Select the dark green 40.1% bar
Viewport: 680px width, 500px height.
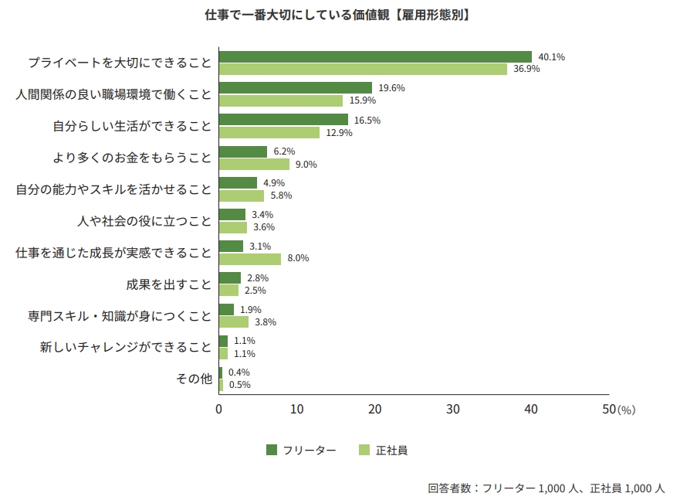(375, 56)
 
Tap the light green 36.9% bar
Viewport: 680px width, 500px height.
(363, 69)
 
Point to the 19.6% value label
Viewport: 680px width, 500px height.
(391, 88)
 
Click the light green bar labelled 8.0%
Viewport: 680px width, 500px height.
(250, 259)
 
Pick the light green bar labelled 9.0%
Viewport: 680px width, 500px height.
(254, 164)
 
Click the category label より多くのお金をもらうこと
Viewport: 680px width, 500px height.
(132, 158)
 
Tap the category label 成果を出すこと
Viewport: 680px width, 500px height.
(168, 284)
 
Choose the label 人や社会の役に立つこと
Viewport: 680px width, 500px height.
(144, 221)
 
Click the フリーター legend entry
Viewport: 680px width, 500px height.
(301, 450)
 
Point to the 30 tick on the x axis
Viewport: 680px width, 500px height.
(453, 409)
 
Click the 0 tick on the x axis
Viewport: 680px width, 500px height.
(219, 409)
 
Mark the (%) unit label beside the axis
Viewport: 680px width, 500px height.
(626, 410)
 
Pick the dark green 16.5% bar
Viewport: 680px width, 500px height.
(283, 120)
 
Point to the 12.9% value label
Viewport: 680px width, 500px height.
(339, 133)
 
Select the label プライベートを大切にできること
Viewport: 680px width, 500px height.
(120, 63)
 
